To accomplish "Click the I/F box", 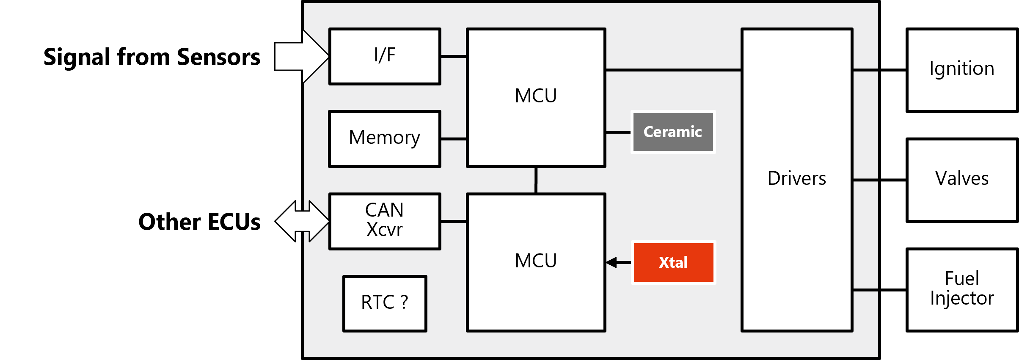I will [385, 56].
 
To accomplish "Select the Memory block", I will [385, 139].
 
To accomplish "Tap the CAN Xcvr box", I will [385, 221].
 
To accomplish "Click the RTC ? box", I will [385, 303].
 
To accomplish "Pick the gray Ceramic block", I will [673, 132].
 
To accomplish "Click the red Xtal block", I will [673, 262].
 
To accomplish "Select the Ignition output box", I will [961, 70].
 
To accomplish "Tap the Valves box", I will [961, 180].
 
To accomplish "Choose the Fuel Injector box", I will [961, 290].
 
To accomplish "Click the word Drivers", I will [796, 179].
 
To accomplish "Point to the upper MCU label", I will [536, 96].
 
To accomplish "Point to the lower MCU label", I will [536, 261].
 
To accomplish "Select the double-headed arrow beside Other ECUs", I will [302, 221].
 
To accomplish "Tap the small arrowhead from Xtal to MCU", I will [612, 263].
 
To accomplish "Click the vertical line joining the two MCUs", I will [536, 180].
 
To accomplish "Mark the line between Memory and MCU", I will [454, 139].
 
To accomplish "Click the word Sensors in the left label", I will [218, 57].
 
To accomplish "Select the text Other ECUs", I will [199, 222].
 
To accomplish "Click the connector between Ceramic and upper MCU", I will [618, 132].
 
